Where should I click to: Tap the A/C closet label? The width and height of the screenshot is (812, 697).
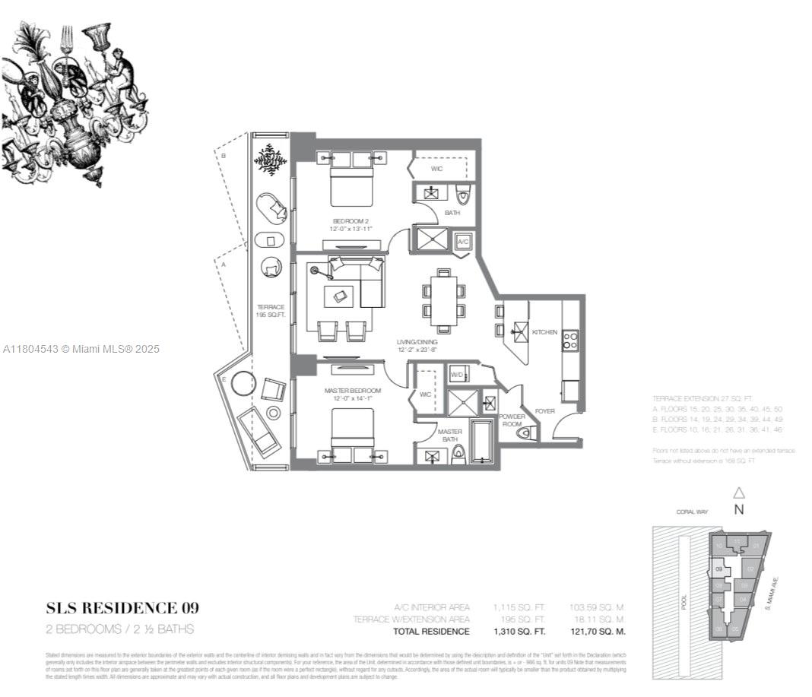click(462, 242)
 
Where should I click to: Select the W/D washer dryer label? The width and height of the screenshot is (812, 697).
click(457, 375)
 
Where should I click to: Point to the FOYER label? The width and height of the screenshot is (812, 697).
click(544, 411)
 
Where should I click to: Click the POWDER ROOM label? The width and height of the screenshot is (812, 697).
click(512, 420)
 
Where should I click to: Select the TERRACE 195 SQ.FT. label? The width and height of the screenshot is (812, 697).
click(270, 311)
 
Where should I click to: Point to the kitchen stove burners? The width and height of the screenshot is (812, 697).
click(569, 340)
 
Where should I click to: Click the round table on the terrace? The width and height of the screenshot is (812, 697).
click(243, 384)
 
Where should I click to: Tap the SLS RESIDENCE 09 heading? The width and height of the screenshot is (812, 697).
click(122, 607)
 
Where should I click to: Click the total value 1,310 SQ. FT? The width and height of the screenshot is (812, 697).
click(519, 632)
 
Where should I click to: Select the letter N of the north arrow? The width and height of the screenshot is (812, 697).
click(738, 510)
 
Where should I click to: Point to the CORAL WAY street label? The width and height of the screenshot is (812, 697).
click(691, 512)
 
